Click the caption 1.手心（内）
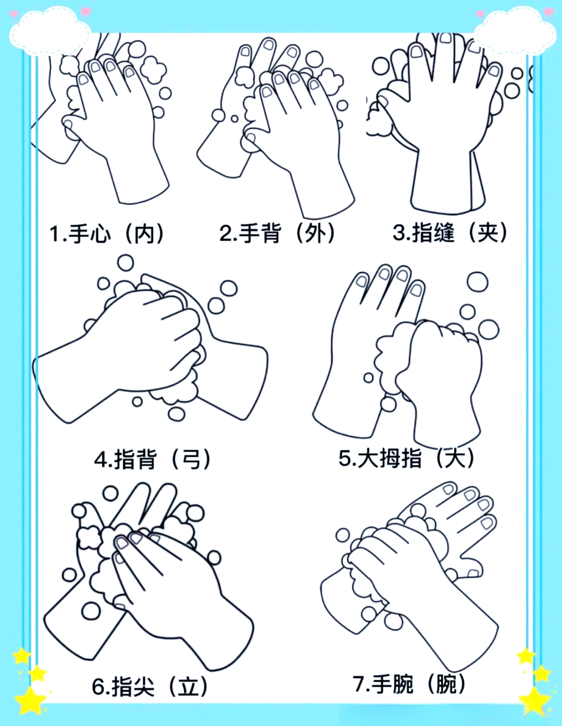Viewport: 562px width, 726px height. (x=107, y=234)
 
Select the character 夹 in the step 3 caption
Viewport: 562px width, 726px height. (x=488, y=232)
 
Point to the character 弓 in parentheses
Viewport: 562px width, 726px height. (x=191, y=459)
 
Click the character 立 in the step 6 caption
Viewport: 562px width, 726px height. (x=188, y=686)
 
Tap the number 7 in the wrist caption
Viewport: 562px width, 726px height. (x=359, y=683)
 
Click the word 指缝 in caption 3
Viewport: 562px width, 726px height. (x=433, y=232)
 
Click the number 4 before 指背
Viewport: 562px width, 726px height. (x=100, y=460)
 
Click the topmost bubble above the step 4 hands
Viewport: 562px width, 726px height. (x=125, y=263)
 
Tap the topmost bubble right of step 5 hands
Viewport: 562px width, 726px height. (x=477, y=282)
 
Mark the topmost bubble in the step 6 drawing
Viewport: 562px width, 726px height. (x=110, y=493)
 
